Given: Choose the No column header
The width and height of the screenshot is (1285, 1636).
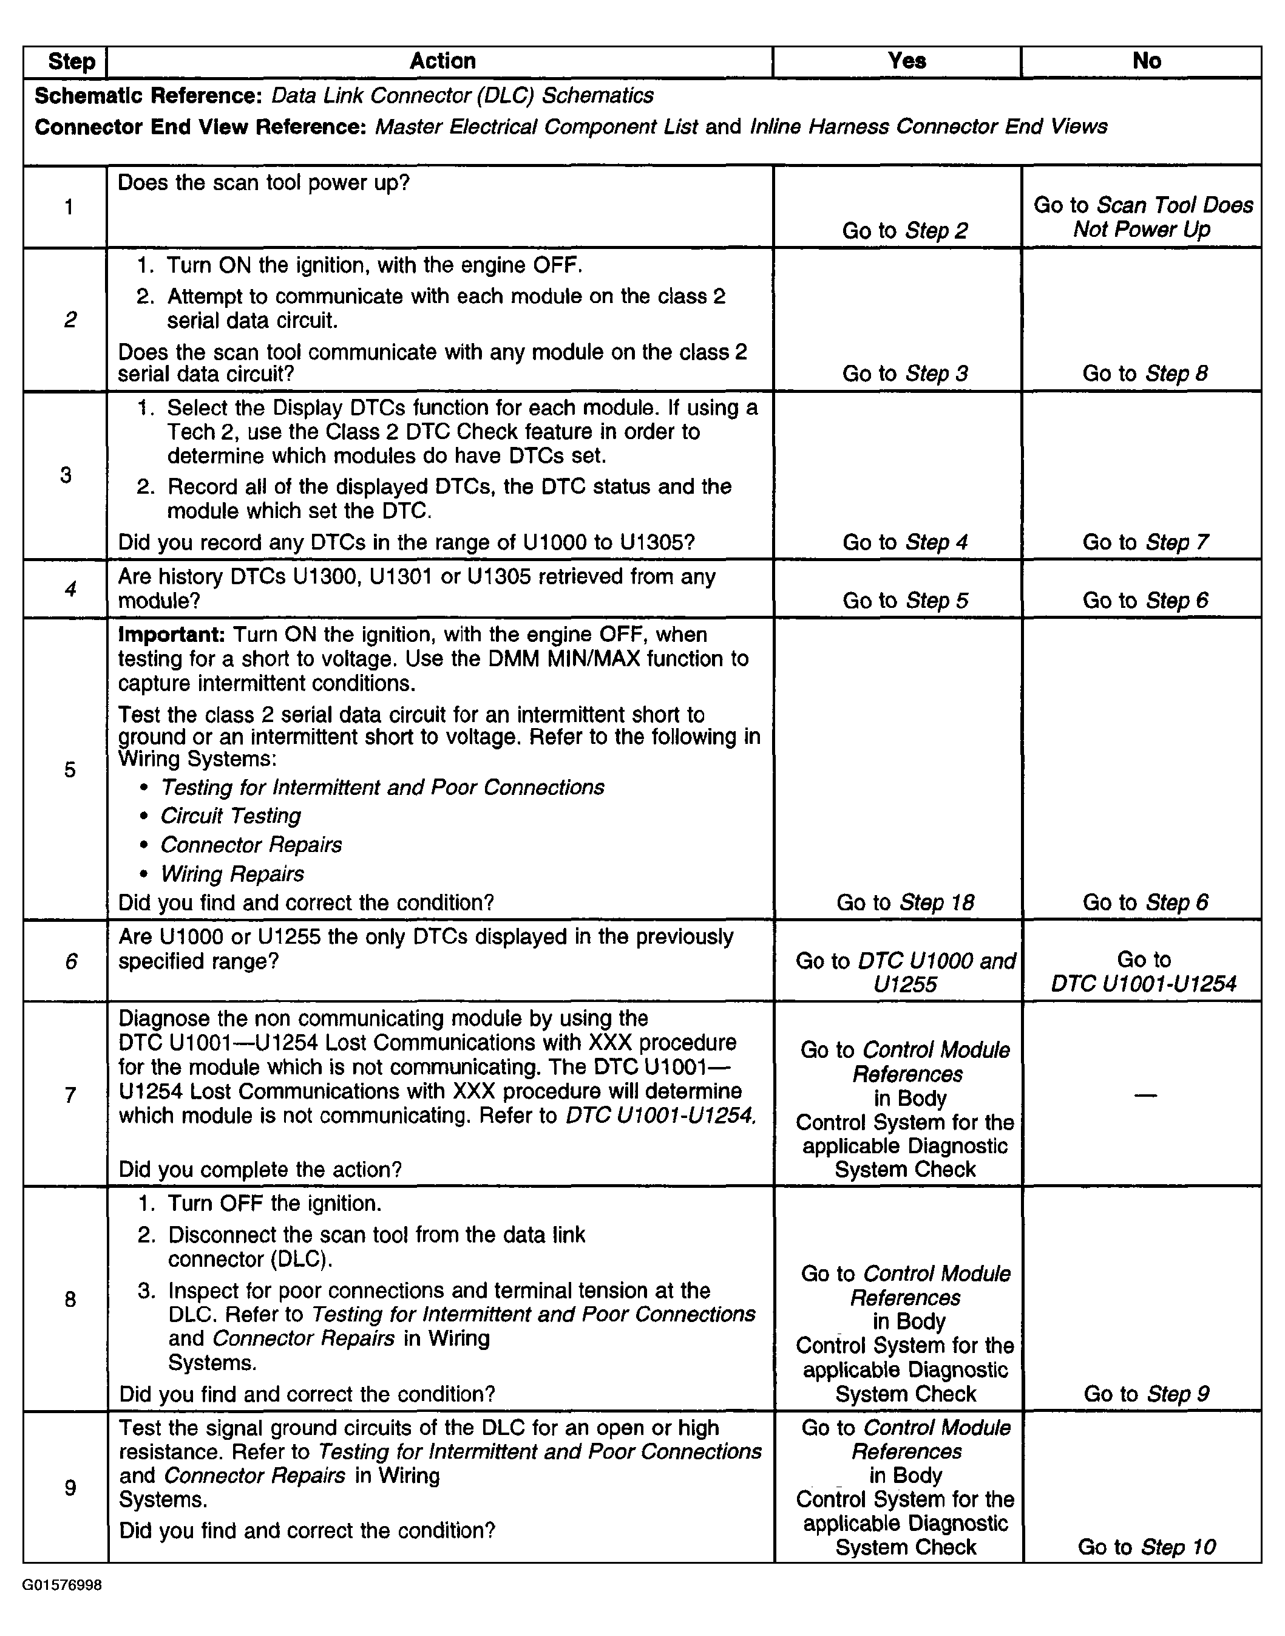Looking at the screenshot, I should click(1146, 61).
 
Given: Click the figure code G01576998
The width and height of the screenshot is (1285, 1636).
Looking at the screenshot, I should click(63, 1586).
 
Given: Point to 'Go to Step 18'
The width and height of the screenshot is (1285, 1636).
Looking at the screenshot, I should click(905, 902).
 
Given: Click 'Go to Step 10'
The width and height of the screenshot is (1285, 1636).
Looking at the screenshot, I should click(1146, 1547).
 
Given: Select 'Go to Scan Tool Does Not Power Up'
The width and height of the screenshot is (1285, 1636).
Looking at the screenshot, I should click(1143, 217).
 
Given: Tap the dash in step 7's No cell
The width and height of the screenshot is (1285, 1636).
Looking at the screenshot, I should click(1145, 1095).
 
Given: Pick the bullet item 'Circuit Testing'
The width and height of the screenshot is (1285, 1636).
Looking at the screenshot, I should click(230, 816).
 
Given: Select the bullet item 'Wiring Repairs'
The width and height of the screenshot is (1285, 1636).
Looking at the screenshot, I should click(232, 874).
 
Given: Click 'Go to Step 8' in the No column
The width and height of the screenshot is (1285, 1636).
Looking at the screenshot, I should click(1145, 373).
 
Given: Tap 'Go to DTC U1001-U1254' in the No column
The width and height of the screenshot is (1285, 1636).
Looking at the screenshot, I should click(1144, 972).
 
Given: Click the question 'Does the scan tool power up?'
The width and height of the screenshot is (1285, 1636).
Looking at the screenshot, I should click(264, 183).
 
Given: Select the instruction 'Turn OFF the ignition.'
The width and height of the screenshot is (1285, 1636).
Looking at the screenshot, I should click(274, 1203).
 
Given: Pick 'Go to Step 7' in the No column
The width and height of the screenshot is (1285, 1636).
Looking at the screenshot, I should click(1145, 542).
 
